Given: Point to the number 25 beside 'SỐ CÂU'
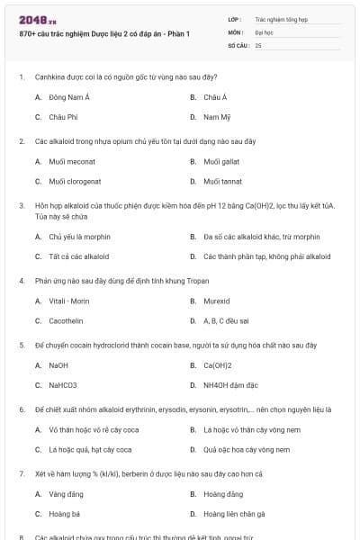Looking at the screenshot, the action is click(258, 44).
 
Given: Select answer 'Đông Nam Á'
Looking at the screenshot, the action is click(67, 96).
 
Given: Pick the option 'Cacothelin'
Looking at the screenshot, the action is click(66, 320).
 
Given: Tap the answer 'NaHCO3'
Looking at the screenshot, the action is click(63, 385).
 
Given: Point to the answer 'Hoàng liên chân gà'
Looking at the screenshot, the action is click(234, 514).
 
